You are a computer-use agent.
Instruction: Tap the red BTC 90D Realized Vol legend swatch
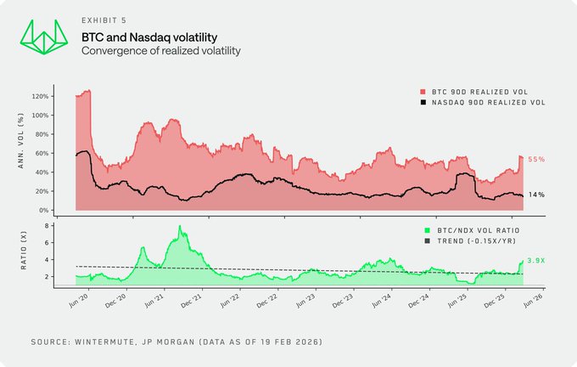[x=423, y=90]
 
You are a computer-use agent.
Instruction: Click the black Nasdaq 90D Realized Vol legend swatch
[x=423, y=102]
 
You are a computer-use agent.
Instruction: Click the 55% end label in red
[x=536, y=159]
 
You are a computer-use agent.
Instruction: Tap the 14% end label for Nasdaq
[x=536, y=195]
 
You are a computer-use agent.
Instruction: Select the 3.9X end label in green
[x=537, y=260]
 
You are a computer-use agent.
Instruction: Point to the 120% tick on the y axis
[x=40, y=96]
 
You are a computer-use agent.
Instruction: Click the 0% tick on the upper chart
[x=42, y=210]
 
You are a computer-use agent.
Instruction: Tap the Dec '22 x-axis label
[x=266, y=302]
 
